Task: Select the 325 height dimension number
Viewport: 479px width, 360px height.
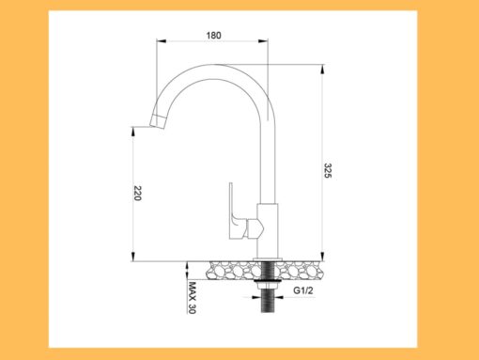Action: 327,171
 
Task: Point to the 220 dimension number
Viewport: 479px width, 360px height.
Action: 137,194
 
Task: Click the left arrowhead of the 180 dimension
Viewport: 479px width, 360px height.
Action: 160,42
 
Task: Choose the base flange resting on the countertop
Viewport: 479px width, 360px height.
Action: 269,258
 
